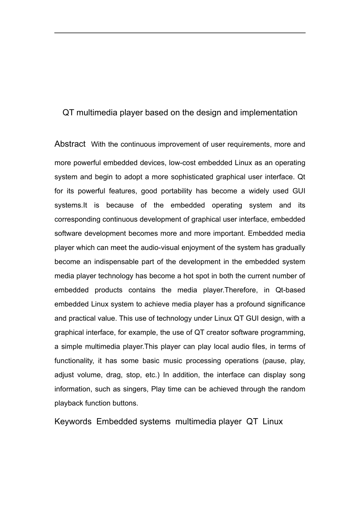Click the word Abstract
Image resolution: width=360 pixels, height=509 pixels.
pos(70,144)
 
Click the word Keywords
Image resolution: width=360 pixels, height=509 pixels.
pos(73,422)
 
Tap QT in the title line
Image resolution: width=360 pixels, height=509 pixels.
pos(68,113)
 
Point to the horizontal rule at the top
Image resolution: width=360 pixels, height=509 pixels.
pos(180,33)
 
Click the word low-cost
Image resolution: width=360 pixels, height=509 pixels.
pos(182,163)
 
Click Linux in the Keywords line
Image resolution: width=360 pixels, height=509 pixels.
pos(272,422)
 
